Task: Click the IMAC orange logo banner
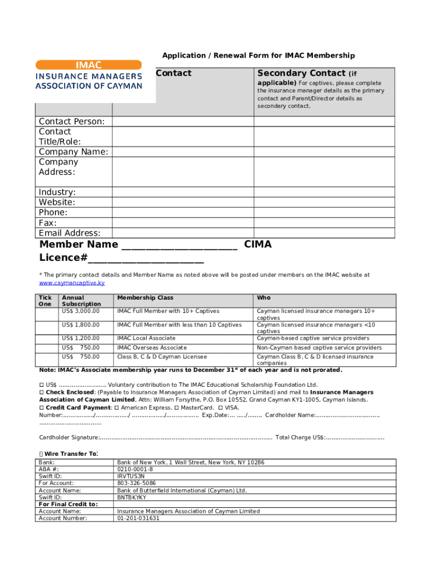click(88, 65)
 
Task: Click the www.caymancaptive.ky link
click(72, 283)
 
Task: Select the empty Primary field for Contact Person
click(183, 122)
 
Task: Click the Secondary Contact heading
click(301, 73)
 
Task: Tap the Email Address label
click(69, 233)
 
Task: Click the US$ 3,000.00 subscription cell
click(81, 311)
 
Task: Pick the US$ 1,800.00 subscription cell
click(81, 325)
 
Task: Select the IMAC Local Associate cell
click(146, 339)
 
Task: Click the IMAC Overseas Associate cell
click(152, 348)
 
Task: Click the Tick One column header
click(45, 301)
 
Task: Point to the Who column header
click(264, 298)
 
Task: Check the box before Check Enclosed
click(42, 392)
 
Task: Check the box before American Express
click(117, 408)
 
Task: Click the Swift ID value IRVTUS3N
click(131, 477)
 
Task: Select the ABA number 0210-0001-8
click(135, 470)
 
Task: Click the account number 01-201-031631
click(138, 518)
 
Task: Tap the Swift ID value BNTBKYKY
click(132, 497)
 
